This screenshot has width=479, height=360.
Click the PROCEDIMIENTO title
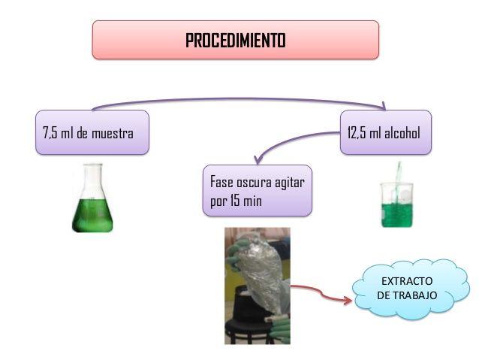coord(235,40)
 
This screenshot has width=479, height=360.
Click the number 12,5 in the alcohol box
coord(357,133)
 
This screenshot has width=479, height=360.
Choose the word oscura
coord(255,183)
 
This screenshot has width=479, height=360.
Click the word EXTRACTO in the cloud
coord(406,281)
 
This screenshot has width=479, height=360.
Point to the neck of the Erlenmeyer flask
coord(92,177)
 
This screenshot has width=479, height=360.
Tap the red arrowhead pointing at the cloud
coord(347,299)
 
